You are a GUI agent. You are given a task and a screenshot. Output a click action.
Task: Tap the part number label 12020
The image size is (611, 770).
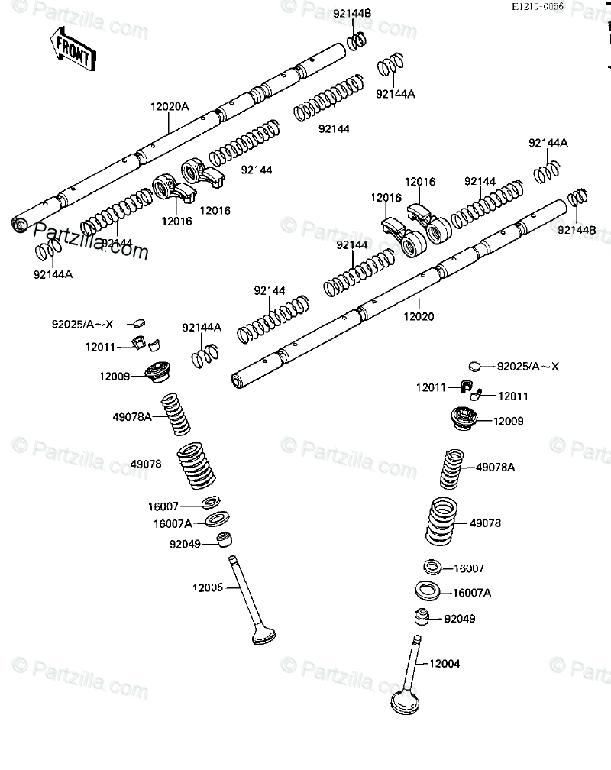[419, 315]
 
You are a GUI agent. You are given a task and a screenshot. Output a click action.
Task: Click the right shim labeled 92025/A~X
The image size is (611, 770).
[476, 366]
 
